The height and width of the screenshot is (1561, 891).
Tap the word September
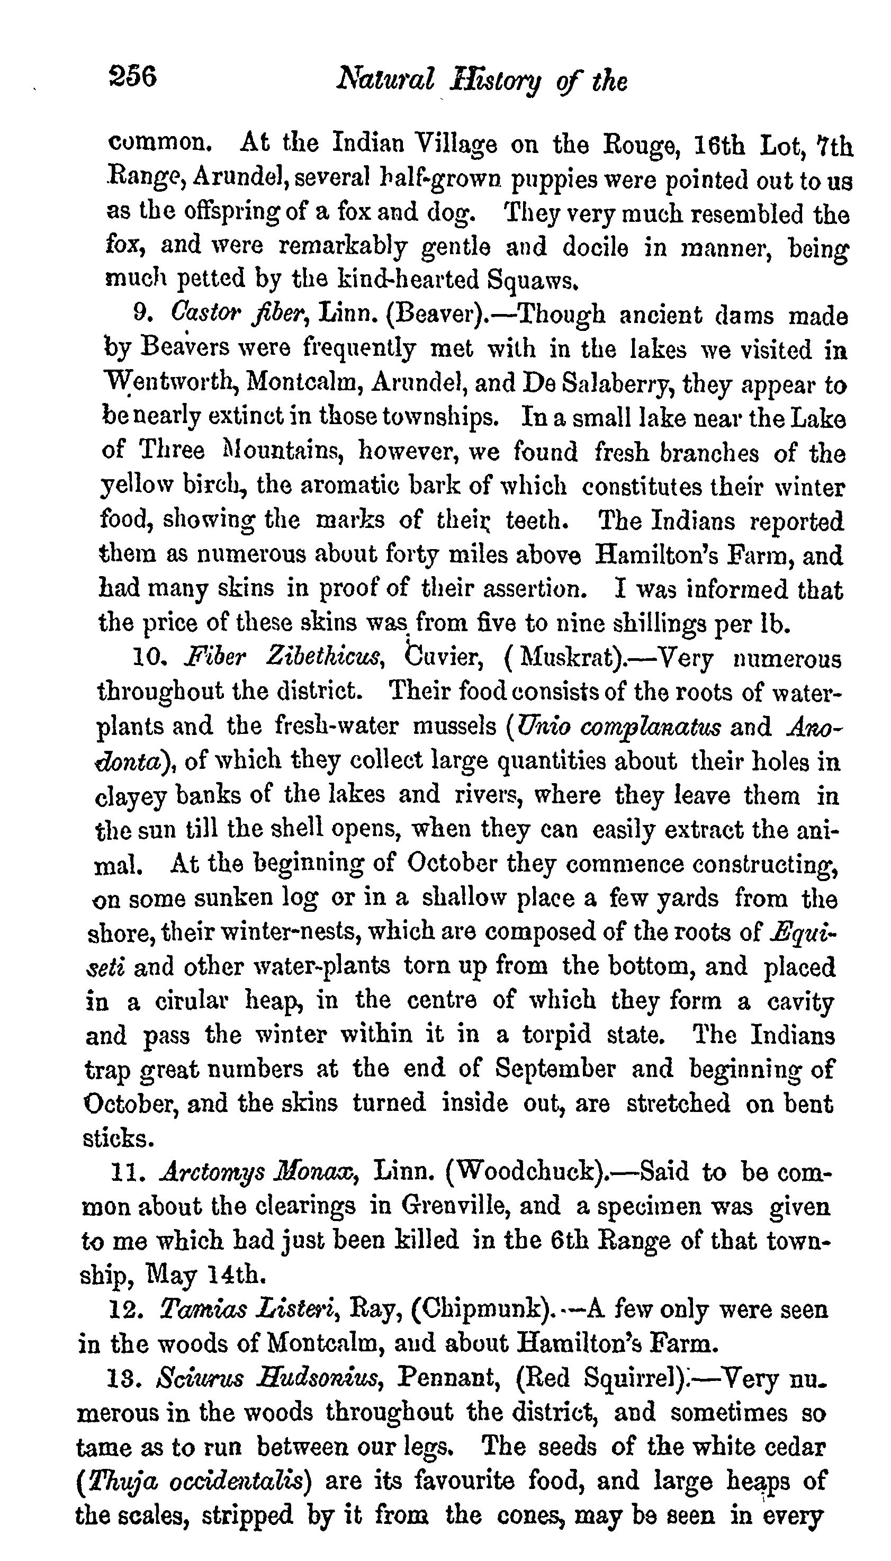pyautogui.click(x=554, y=1069)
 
